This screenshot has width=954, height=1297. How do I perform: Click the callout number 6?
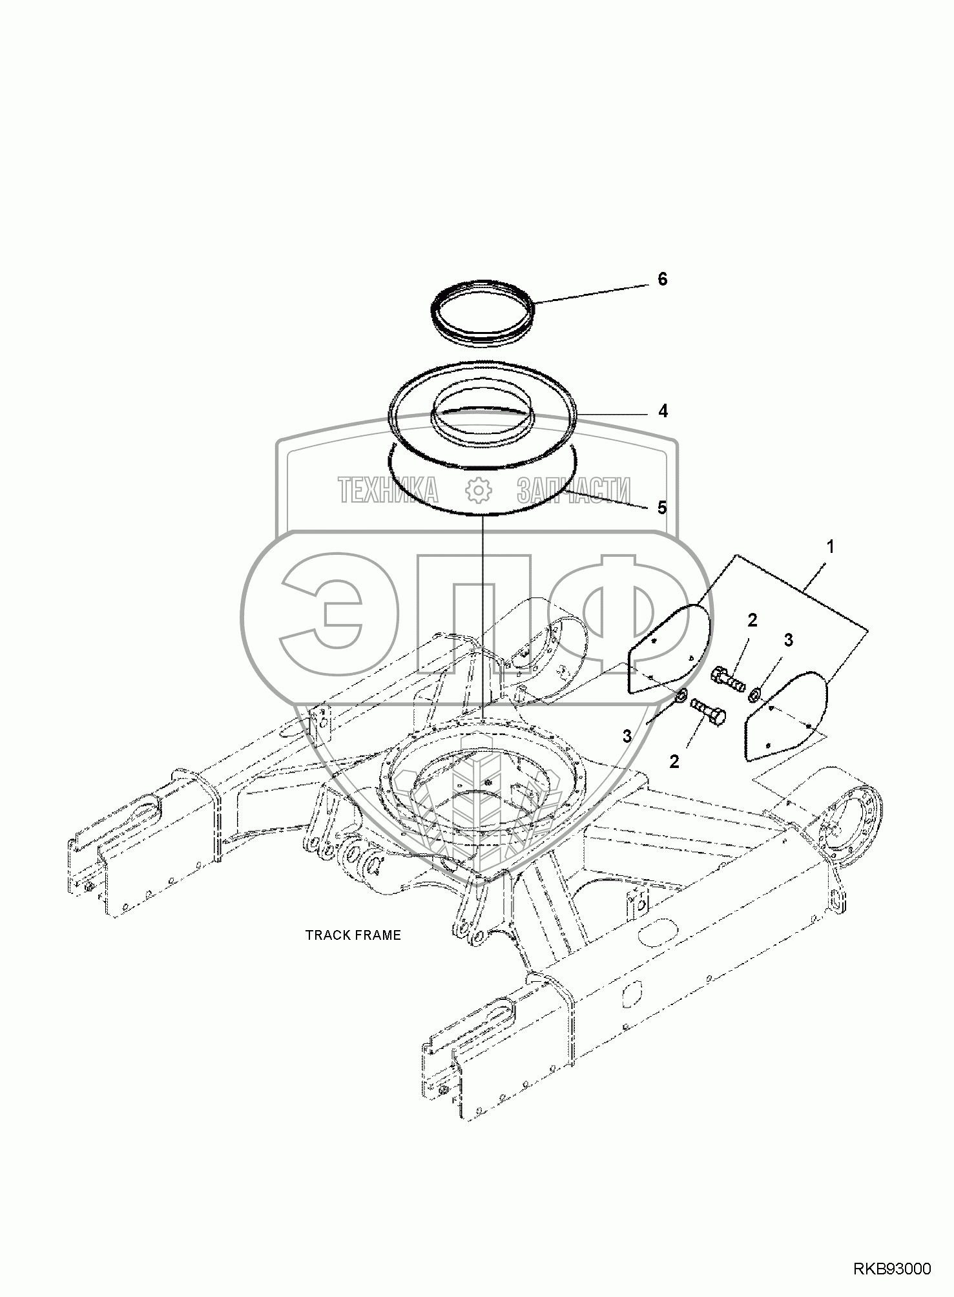pos(662,279)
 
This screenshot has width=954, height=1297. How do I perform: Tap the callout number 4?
pos(663,411)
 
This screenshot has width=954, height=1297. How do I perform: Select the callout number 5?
pos(662,508)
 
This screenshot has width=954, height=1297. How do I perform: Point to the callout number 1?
pos(831,546)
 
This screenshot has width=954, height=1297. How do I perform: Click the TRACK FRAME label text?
pos(353,935)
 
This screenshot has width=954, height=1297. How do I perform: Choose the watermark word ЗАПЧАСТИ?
pos(574,490)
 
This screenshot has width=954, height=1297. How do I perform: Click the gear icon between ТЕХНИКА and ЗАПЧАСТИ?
pos(479,490)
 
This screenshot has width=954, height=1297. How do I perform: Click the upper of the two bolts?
pos(727,678)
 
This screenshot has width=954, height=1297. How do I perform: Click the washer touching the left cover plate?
pos(681,696)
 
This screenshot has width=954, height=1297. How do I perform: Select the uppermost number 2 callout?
pos(752,620)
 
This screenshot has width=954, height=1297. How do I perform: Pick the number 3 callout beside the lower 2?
pos(627,735)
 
